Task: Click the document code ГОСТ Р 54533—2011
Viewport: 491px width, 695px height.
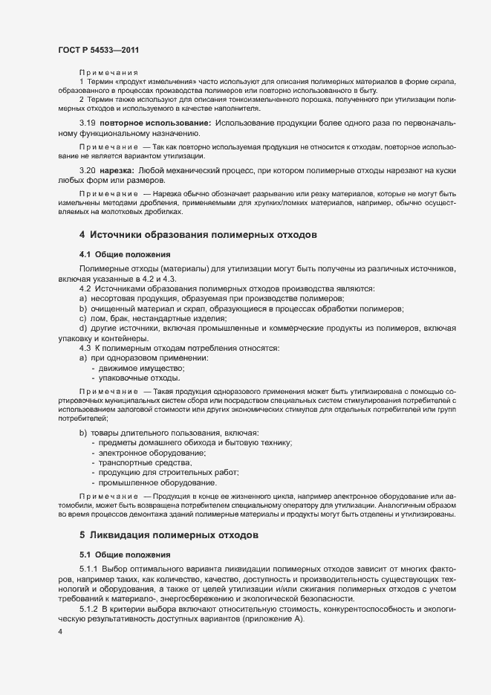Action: (98, 50)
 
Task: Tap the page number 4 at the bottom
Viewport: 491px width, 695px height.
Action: (59, 632)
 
